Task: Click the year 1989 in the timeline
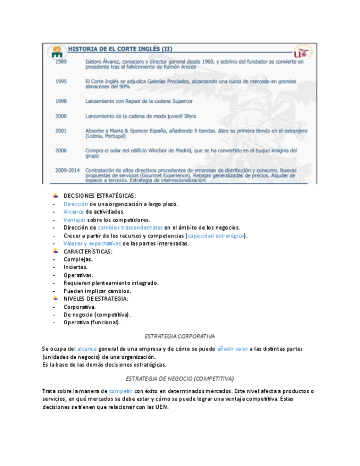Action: pyautogui.click(x=60, y=62)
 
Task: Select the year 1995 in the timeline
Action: pyautogui.click(x=60, y=81)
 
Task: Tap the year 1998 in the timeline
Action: pyautogui.click(x=60, y=101)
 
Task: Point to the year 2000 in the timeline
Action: pyautogui.click(x=60, y=116)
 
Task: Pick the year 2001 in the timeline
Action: pyautogui.click(x=60, y=131)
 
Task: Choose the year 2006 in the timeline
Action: pyautogui.click(x=60, y=150)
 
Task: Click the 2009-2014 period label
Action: pyautogui.click(x=67, y=170)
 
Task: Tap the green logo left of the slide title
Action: pyautogui.click(x=57, y=51)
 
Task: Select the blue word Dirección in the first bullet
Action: pyautogui.click(x=75, y=204)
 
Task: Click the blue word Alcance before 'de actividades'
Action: pyautogui.click(x=74, y=212)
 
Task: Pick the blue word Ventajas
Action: pyautogui.click(x=74, y=220)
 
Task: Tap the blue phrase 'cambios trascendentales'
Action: pyautogui.click(x=130, y=228)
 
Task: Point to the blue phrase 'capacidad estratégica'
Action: pyautogui.click(x=217, y=236)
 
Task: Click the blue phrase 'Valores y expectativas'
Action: pyautogui.click(x=92, y=243)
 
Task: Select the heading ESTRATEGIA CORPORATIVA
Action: pyautogui.click(x=179, y=336)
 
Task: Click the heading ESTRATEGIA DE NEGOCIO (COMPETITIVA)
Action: pyautogui.click(x=180, y=379)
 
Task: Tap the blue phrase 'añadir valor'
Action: pyautogui.click(x=232, y=349)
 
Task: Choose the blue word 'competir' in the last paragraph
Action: pyautogui.click(x=121, y=391)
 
